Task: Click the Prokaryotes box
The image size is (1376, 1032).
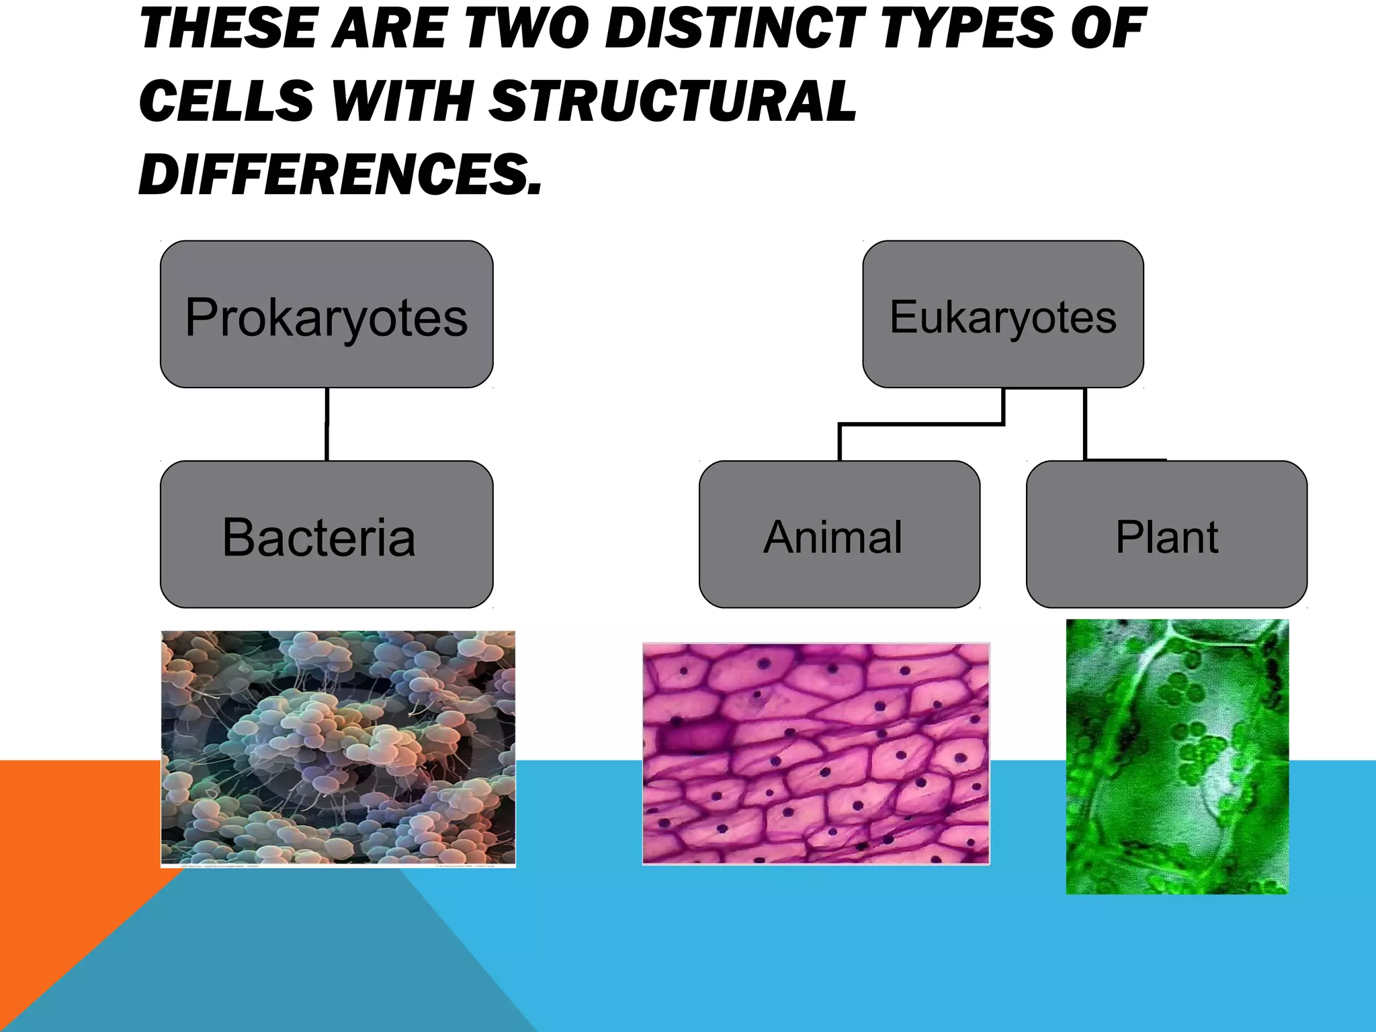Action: tap(327, 314)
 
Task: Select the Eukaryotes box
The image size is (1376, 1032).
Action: tap(1002, 314)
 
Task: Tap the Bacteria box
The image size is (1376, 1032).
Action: tap(327, 535)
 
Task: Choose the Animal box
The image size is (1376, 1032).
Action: tap(839, 535)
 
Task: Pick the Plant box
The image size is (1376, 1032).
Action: tap(1166, 535)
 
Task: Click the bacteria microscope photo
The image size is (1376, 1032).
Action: tap(338, 748)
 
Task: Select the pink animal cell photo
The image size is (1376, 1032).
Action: tap(816, 753)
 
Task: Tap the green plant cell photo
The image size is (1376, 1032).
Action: tap(1177, 757)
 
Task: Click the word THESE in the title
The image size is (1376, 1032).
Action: tap(226, 28)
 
